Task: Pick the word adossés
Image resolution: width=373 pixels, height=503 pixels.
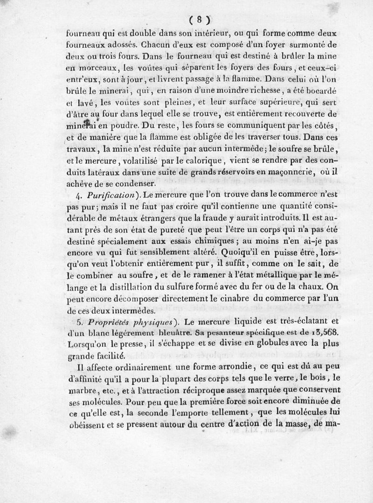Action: click(x=122, y=45)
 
